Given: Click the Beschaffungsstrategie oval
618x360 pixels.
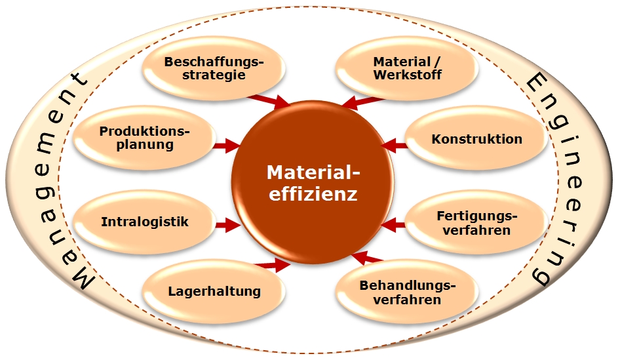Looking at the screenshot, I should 214,69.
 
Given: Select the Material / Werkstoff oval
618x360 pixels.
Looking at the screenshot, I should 407,69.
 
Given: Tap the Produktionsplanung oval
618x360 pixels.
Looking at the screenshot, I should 144,138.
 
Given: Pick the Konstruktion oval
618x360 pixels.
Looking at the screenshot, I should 476,139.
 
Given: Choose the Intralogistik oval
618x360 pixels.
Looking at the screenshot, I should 144,222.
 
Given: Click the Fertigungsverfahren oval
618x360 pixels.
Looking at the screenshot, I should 476,222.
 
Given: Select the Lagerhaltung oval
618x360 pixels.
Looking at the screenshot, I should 214,291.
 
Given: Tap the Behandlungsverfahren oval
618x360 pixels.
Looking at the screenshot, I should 407,292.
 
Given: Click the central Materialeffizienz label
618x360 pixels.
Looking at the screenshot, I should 313,183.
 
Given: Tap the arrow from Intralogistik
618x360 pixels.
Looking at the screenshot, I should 227,225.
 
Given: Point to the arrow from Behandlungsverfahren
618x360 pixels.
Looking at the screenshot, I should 362,258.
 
